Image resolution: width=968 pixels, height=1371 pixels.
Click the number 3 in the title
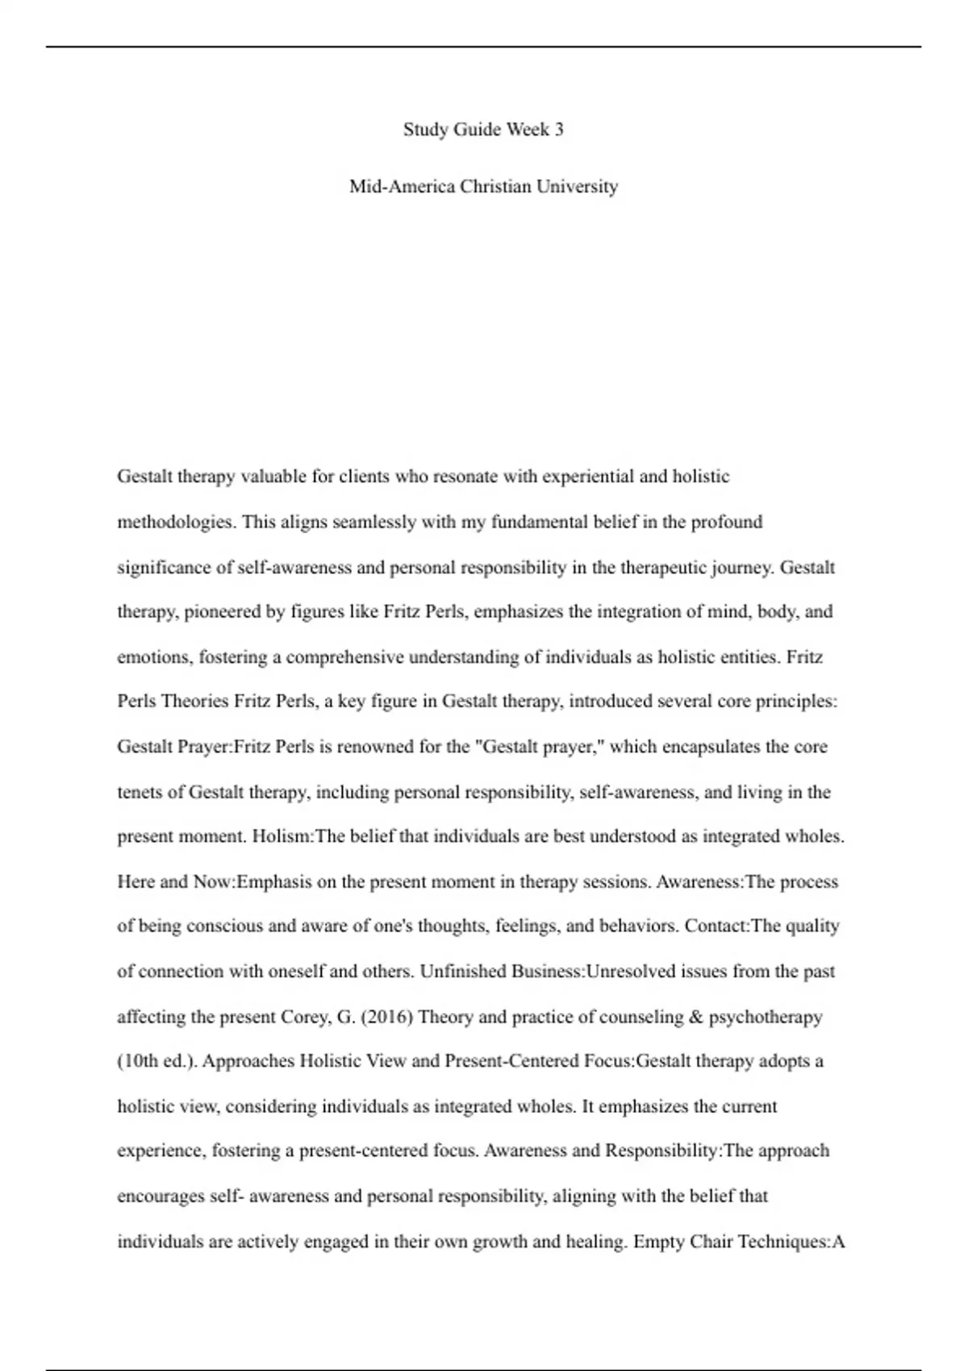click(558, 130)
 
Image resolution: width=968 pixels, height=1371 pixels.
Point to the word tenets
click(140, 792)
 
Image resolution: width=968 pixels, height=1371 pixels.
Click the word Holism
click(282, 836)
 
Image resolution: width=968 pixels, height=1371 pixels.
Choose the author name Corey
click(305, 1017)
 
